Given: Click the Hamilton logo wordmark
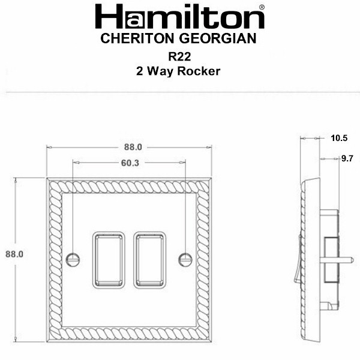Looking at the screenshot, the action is click(180, 17).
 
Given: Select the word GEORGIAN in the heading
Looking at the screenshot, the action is click(218, 38).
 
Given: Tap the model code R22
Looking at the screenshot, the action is click(179, 57).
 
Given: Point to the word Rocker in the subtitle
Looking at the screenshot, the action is click(199, 71).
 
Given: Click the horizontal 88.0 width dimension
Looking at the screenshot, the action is click(133, 147).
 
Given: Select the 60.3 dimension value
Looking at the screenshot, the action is click(130, 163).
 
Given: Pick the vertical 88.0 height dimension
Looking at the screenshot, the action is click(14, 254).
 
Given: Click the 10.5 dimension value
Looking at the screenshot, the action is click(339, 138).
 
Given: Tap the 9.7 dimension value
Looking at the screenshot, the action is click(347, 158).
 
